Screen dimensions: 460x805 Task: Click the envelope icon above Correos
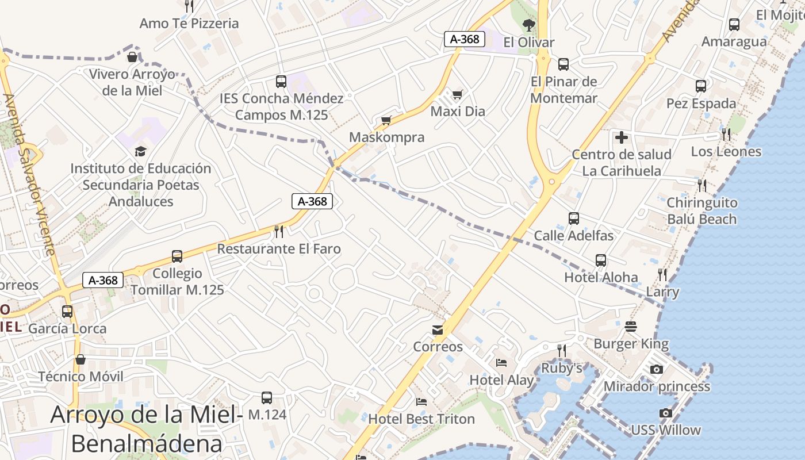[x=438, y=329]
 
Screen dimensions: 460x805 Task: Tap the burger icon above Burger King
[x=631, y=327]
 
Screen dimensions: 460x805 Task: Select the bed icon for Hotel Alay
[x=501, y=363]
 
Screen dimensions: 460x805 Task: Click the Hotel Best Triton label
[x=421, y=419]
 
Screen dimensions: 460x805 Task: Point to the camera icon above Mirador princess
[x=657, y=369]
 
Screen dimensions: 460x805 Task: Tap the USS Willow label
[x=665, y=430]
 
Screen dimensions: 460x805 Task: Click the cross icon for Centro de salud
[x=621, y=137]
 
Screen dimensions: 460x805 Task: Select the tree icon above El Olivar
[x=528, y=25]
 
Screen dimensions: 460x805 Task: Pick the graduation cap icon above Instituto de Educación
[x=140, y=151]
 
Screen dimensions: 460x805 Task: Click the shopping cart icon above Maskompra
[x=386, y=120]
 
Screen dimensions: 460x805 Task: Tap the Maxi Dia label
[x=458, y=111]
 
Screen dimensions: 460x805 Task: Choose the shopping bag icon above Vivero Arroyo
[x=132, y=57]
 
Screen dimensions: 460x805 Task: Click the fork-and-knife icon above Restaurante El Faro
[x=279, y=231]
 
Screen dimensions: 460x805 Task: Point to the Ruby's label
[x=562, y=367]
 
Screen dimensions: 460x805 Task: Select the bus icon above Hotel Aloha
[x=601, y=260]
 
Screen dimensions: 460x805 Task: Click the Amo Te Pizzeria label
[x=189, y=24]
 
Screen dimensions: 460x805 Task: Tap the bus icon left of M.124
[x=267, y=397]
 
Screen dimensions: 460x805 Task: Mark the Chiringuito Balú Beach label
[x=701, y=210]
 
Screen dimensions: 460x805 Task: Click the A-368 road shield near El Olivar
[x=465, y=39]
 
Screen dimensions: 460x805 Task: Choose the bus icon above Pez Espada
[x=700, y=86]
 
